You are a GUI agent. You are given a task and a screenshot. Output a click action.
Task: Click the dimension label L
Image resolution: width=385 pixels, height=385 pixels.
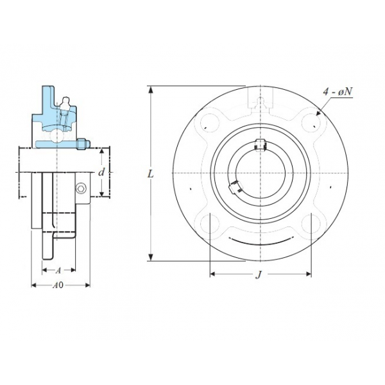click(150, 174)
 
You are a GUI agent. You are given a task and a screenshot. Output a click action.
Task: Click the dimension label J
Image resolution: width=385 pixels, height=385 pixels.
click(259, 275)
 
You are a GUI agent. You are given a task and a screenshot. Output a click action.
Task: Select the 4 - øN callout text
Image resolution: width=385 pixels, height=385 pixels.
click(338, 92)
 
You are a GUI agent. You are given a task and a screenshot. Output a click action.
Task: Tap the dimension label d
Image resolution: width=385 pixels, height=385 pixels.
click(101, 172)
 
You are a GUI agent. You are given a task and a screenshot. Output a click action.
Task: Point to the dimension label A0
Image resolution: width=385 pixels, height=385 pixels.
click(58, 285)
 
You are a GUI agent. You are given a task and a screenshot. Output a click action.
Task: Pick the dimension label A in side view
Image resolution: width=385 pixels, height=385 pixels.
click(58, 271)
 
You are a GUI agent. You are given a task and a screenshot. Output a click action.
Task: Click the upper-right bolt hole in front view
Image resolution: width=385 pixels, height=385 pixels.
click(311, 123)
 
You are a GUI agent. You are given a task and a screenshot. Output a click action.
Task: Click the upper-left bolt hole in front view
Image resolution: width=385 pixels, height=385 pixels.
click(210, 123)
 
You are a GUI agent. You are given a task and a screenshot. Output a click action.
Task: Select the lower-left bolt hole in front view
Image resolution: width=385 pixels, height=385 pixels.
click(210, 224)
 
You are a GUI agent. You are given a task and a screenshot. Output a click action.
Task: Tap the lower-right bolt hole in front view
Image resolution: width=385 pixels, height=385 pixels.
click(311, 224)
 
